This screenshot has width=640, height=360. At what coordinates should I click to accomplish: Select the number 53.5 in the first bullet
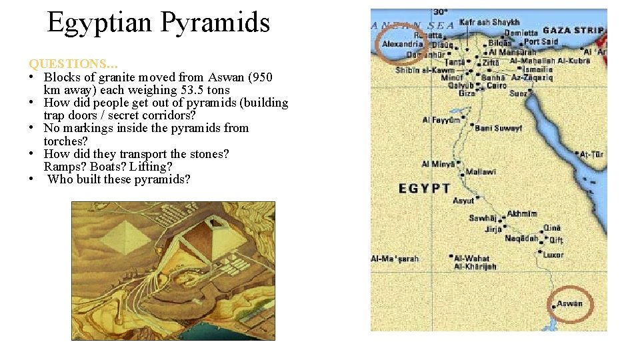(x=193, y=90)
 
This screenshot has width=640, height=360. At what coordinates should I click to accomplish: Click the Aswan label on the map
(x=569, y=304)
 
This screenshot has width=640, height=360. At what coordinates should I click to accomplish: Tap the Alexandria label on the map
(x=402, y=45)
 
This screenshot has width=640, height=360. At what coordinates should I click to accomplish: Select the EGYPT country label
(x=425, y=189)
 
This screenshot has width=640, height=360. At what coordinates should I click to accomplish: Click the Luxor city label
(x=553, y=255)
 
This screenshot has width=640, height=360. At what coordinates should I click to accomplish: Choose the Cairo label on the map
(x=497, y=86)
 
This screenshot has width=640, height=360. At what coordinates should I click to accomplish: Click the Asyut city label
(x=463, y=200)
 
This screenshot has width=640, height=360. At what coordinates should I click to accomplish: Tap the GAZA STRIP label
(x=573, y=31)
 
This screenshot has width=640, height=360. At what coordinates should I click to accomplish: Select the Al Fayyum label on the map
(x=441, y=120)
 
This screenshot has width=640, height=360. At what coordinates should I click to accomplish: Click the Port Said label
(x=541, y=41)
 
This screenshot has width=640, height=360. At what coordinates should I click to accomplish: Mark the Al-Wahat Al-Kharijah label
(x=475, y=262)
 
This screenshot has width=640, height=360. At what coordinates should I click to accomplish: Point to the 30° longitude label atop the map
(x=440, y=12)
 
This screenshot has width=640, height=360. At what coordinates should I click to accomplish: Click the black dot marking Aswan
(x=554, y=307)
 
